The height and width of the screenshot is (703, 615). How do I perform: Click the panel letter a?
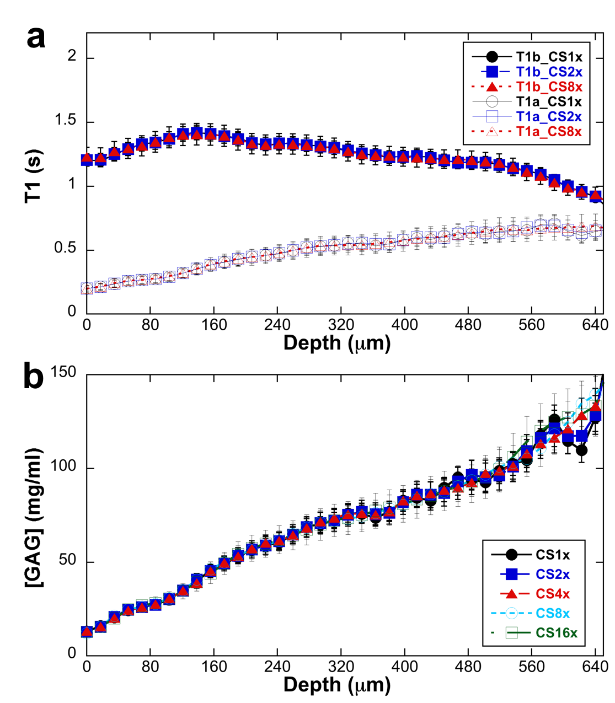[36, 39]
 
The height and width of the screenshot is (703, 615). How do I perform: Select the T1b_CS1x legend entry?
[549, 57]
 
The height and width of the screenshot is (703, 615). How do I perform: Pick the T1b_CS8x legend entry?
[549, 87]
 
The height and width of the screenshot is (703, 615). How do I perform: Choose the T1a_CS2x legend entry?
[549, 116]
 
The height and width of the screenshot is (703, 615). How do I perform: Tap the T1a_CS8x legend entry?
[549, 131]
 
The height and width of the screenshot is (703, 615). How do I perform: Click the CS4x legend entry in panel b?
[553, 594]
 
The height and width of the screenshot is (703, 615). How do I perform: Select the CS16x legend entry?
[557, 633]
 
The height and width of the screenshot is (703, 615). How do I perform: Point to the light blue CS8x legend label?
[553, 613]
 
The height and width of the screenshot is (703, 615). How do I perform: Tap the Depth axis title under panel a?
[337, 343]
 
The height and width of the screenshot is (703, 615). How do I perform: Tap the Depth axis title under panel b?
[337, 685]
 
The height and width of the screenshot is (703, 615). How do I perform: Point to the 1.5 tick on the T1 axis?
[65, 121]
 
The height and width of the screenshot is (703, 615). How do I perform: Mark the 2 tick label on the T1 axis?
[72, 56]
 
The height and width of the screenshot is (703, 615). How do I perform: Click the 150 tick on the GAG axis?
[63, 372]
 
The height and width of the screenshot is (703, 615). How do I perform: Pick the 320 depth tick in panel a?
[341, 325]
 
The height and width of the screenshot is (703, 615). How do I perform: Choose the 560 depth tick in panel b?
[532, 667]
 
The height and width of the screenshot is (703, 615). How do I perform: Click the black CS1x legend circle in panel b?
[511, 555]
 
